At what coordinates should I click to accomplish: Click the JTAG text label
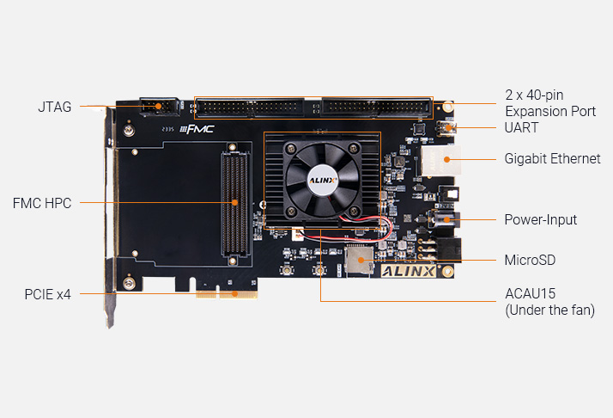[x=54, y=108]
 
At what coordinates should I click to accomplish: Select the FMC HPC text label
[x=42, y=203]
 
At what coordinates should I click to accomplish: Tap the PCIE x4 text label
[x=47, y=294]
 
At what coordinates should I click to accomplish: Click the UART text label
[x=522, y=128]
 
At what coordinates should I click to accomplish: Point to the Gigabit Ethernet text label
[x=552, y=159]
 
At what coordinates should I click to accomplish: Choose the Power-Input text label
[x=540, y=220]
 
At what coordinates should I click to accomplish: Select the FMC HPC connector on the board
[x=235, y=204]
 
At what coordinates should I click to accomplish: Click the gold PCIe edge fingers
[x=227, y=294]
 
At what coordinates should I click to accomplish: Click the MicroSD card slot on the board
[x=358, y=259]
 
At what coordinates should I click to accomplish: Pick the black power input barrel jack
[x=446, y=220]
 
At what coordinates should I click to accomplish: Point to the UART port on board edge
[x=446, y=128]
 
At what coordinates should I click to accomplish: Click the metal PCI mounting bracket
[x=109, y=215]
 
